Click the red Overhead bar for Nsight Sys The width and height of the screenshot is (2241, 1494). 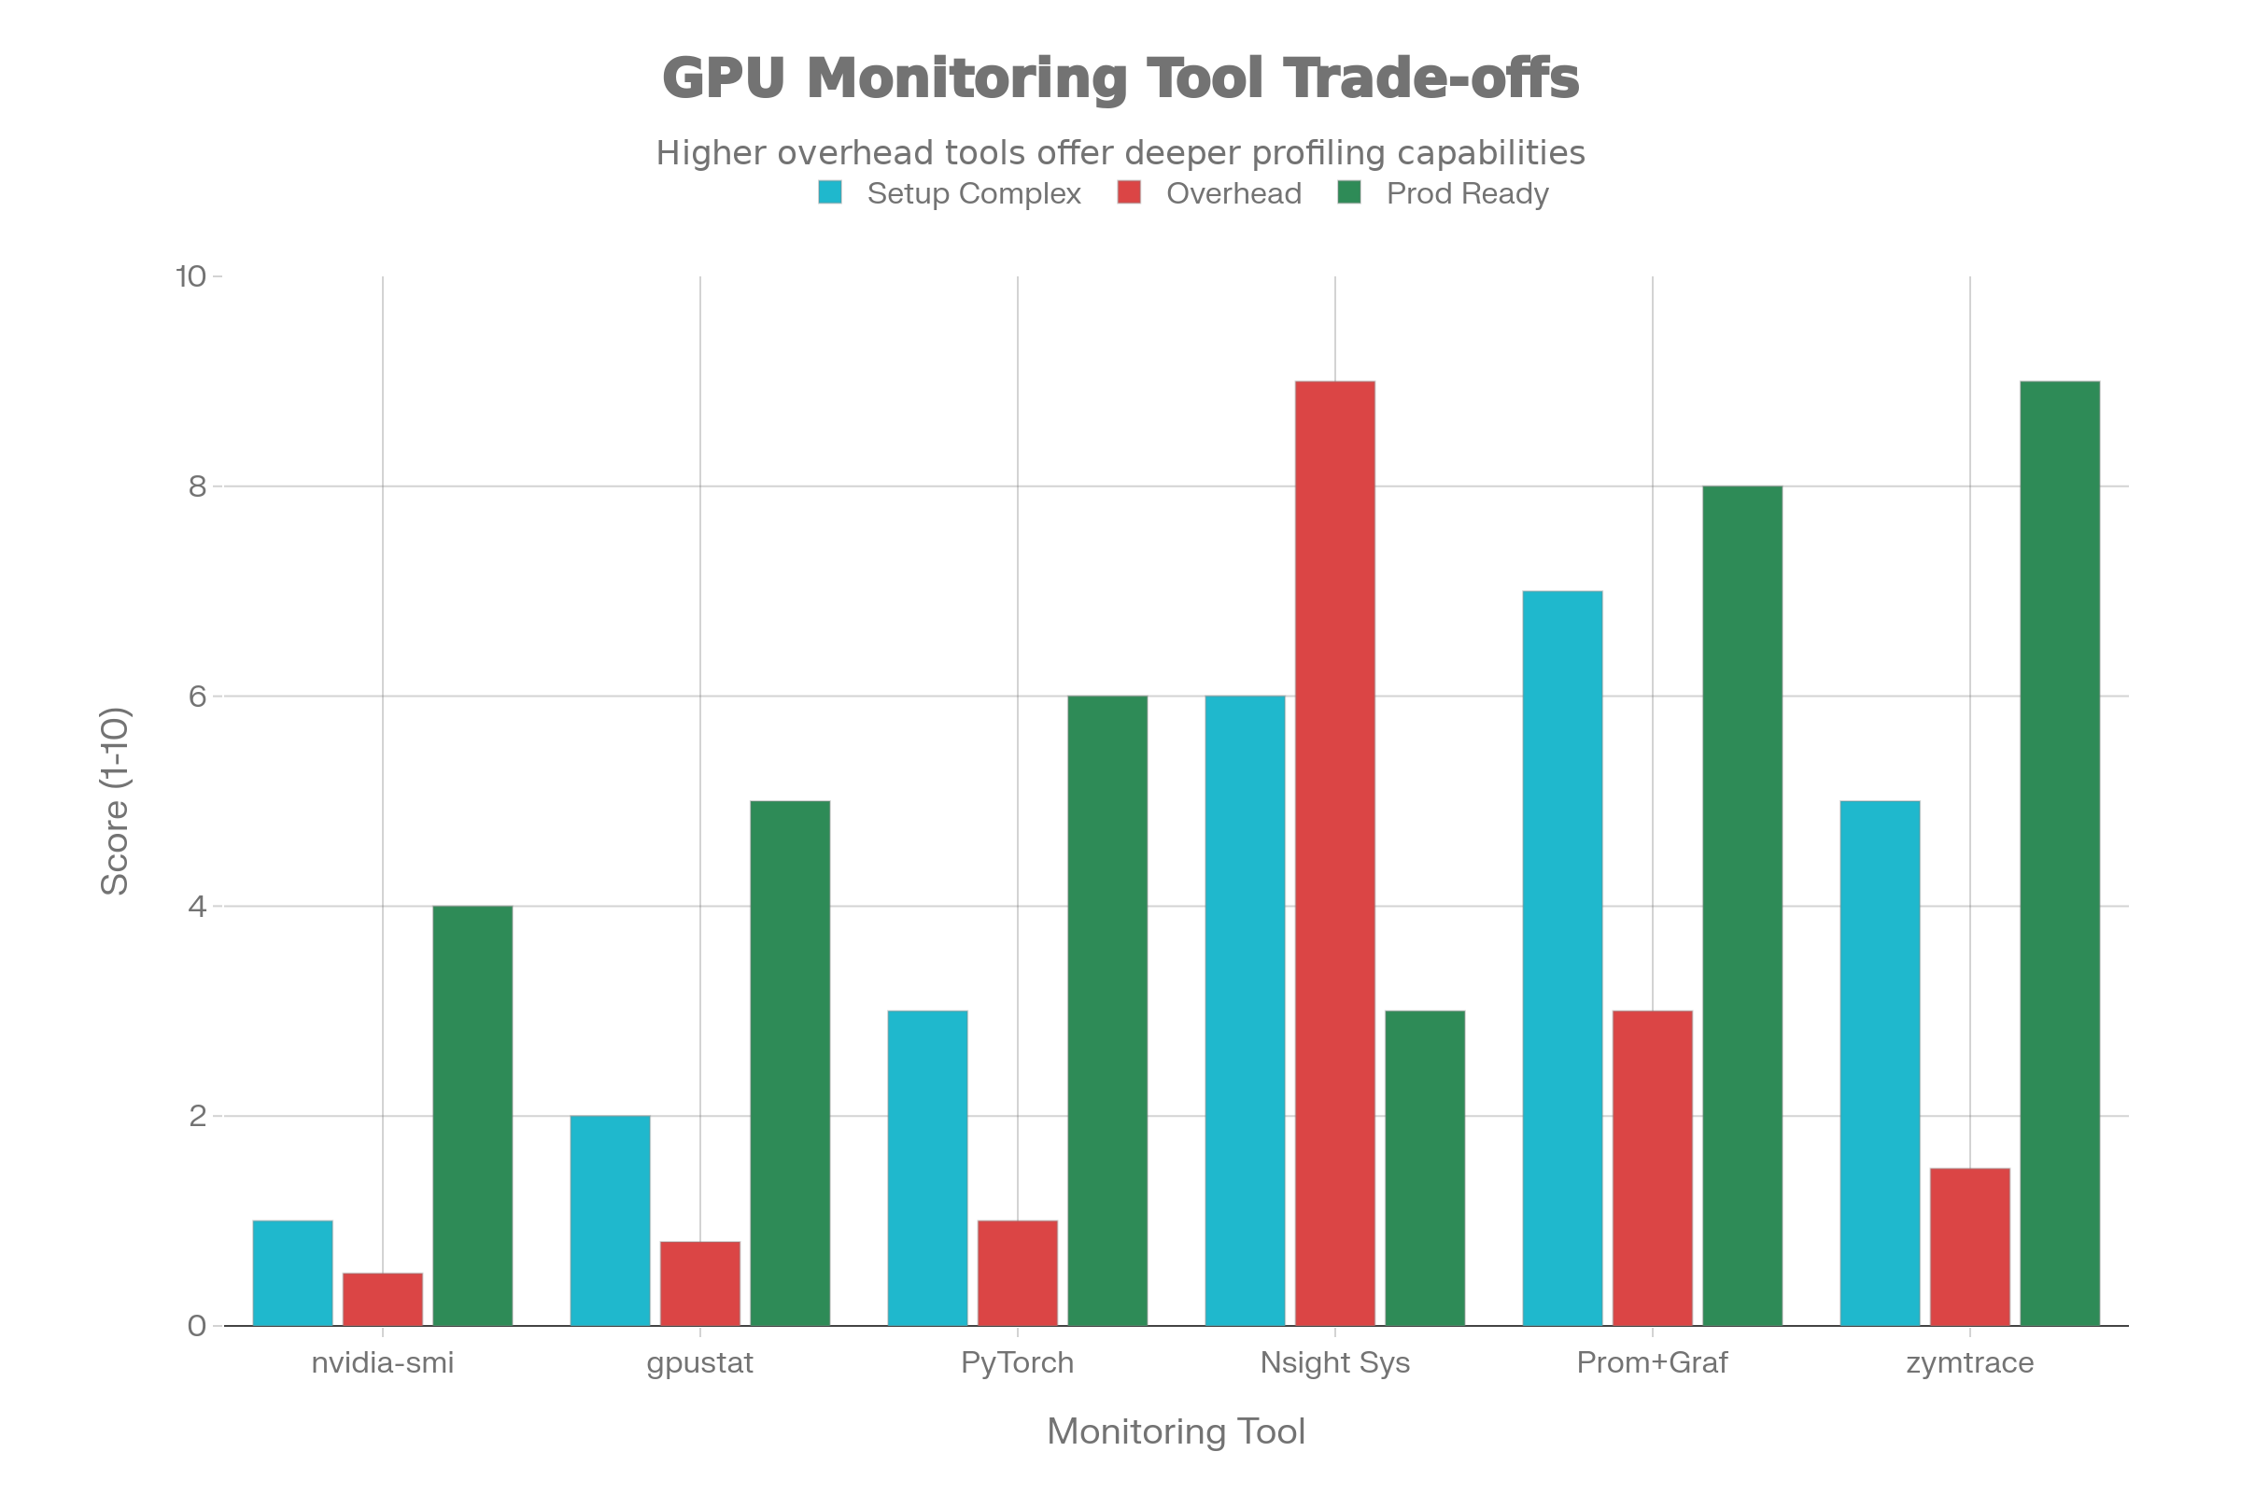pyautogui.click(x=1335, y=853)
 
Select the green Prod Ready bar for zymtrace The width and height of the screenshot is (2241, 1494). pyautogui.click(x=2060, y=853)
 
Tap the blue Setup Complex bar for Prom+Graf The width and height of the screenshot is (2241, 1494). pyautogui.click(x=1562, y=958)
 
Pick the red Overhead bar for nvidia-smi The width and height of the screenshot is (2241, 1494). pyautogui.click(x=382, y=1299)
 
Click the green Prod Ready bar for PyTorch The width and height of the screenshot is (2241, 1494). pyautogui.click(x=1107, y=1010)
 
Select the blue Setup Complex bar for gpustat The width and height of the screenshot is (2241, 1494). pyautogui.click(x=610, y=1220)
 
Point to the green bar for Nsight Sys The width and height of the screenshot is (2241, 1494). pyautogui.click(x=1425, y=1167)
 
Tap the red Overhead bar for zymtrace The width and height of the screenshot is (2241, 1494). pyautogui.click(x=1969, y=1247)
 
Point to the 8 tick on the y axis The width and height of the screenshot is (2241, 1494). pyautogui.click(x=197, y=486)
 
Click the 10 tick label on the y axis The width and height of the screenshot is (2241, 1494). pyautogui.click(x=190, y=276)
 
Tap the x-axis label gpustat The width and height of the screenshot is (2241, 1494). pyautogui.click(x=699, y=1363)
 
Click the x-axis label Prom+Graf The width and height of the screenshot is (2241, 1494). pyautogui.click(x=1652, y=1363)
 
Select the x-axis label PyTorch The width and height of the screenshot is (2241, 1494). pyautogui.click(x=1017, y=1363)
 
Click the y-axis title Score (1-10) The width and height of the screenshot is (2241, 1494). pyautogui.click(x=115, y=800)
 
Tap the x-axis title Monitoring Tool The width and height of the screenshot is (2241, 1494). pyautogui.click(x=1176, y=1432)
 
